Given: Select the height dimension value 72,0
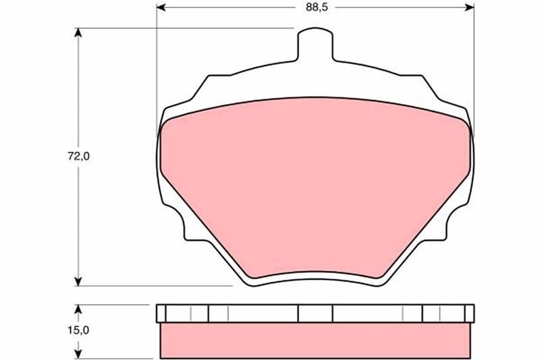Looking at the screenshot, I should (78, 157).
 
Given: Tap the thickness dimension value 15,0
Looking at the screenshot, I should (78, 330).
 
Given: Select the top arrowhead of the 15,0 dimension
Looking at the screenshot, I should (79, 309).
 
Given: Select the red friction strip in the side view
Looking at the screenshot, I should (315, 339).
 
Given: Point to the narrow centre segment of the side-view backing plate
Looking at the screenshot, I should (315, 313).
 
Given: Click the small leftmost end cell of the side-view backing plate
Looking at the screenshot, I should (160, 313).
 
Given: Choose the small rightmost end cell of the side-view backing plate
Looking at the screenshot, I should (470, 313).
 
